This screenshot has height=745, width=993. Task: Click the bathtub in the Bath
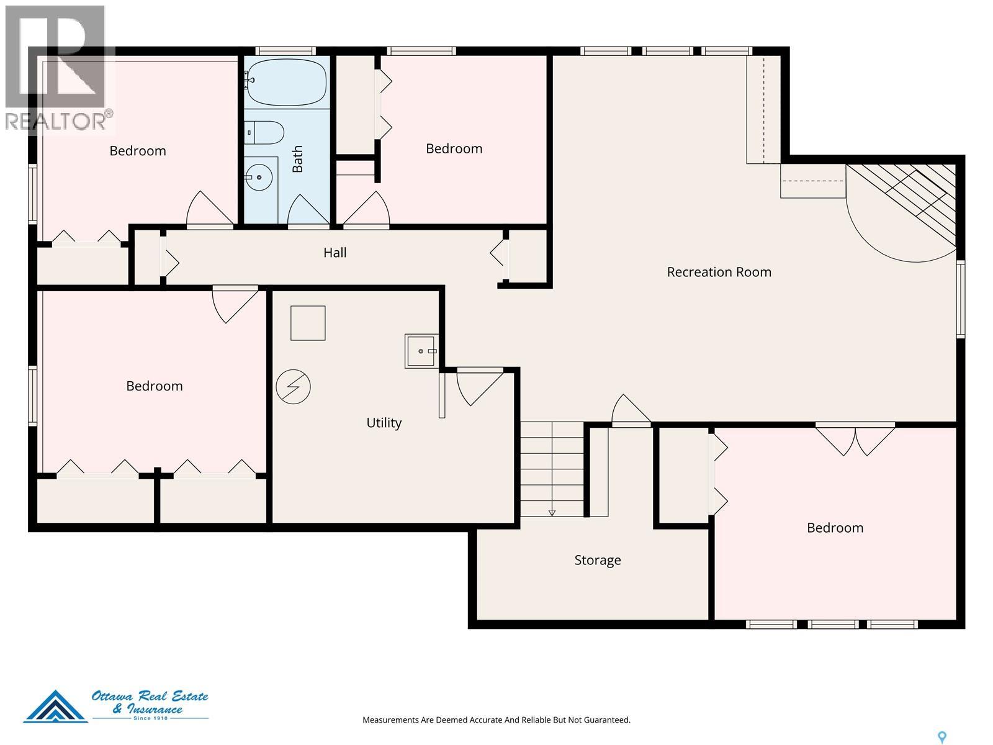click(x=286, y=82)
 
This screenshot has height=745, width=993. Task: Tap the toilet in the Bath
click(x=264, y=132)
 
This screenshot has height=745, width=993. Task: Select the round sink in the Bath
click(x=259, y=177)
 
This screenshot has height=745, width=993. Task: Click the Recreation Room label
click(x=719, y=272)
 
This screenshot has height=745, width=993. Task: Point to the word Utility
click(x=384, y=423)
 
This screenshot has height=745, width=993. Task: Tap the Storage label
click(x=598, y=560)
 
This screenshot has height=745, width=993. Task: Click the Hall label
click(x=335, y=253)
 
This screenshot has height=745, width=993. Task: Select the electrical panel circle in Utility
click(x=293, y=387)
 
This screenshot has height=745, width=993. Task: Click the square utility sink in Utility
click(x=421, y=351)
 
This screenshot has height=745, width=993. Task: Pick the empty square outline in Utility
click(x=308, y=323)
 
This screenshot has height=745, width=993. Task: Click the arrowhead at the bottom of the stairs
click(x=552, y=513)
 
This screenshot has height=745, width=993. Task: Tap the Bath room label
click(x=297, y=159)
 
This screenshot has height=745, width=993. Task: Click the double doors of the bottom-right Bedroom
click(x=855, y=439)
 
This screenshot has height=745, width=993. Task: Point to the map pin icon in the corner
click(x=942, y=737)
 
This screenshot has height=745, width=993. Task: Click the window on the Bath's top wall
click(x=285, y=51)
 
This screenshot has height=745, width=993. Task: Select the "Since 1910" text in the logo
click(x=151, y=718)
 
